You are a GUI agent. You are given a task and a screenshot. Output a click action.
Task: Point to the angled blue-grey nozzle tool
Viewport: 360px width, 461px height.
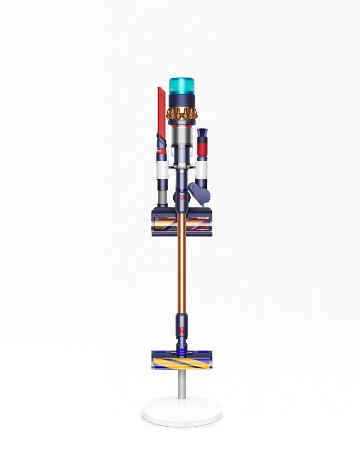200,194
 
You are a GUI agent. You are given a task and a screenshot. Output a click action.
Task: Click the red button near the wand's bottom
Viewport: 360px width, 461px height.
181,329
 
